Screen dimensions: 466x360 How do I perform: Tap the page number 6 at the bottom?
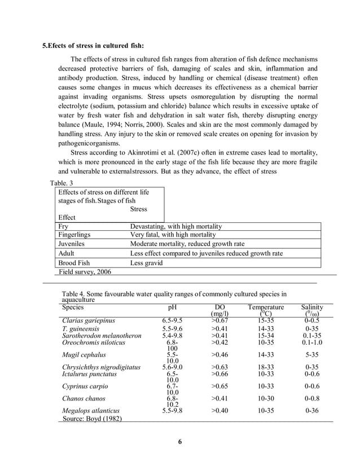click(x=180, y=441)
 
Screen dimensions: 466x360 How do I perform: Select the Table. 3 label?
click(x=62, y=183)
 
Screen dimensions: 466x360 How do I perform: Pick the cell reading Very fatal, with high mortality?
click(x=173, y=235)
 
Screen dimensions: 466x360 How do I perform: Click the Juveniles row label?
click(x=72, y=244)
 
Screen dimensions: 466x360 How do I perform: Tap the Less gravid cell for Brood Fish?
click(x=147, y=262)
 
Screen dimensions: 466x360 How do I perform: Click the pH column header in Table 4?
click(x=172, y=307)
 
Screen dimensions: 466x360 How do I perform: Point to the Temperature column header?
click(x=265, y=307)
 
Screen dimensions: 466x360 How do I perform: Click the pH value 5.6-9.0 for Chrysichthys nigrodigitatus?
click(x=172, y=367)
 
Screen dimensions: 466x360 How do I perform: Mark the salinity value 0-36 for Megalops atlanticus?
click(x=312, y=411)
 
